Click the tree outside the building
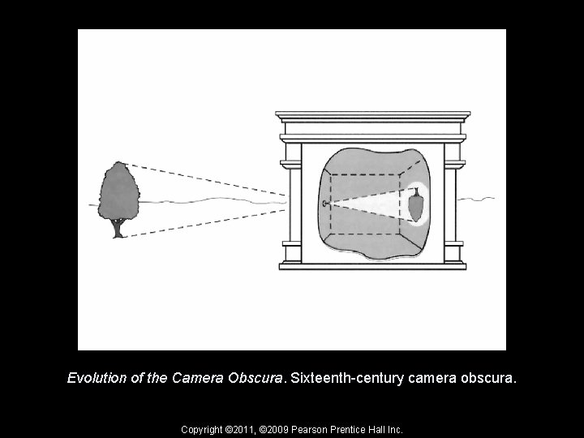(x=118, y=193)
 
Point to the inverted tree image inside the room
(x=417, y=204)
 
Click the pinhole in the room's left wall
(x=324, y=203)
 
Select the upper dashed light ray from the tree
(x=211, y=178)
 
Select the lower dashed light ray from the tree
(x=211, y=219)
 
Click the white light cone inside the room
(x=373, y=203)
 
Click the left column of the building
(x=290, y=203)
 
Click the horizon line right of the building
(x=479, y=197)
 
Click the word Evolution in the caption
(x=96, y=378)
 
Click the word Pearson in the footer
(x=312, y=428)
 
